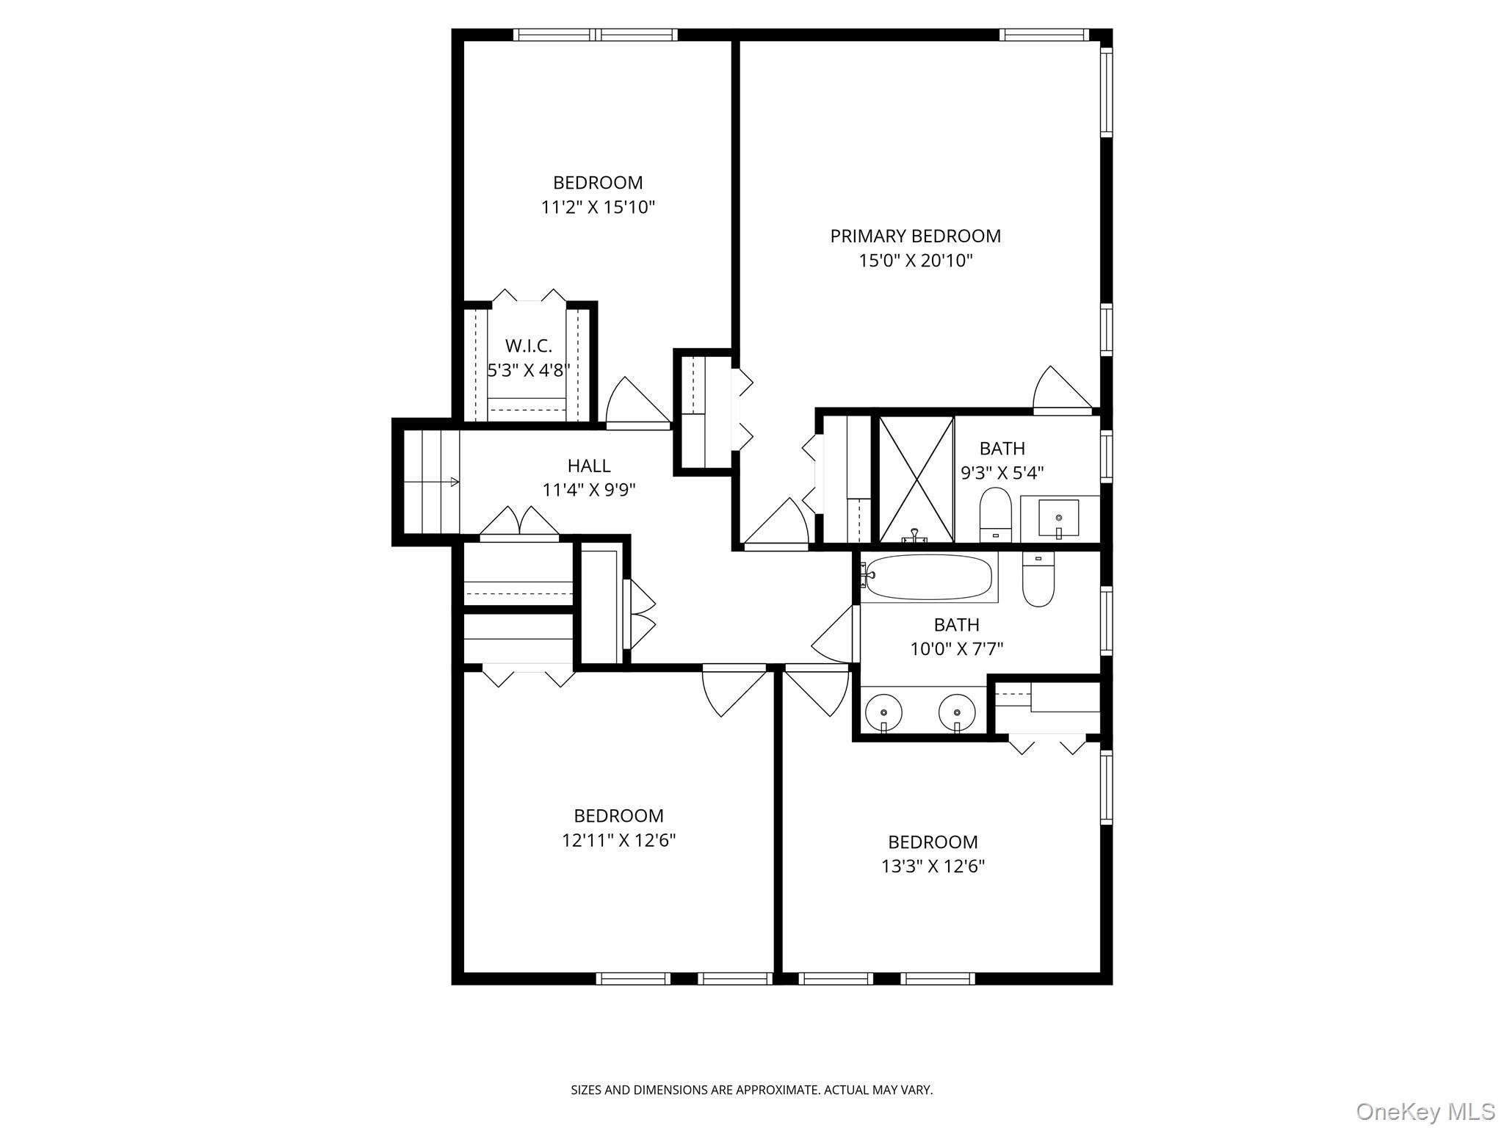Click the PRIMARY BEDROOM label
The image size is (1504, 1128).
point(915,236)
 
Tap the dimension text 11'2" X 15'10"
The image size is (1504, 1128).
point(598,207)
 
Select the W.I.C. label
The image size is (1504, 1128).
point(528,345)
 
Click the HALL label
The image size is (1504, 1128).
point(588,466)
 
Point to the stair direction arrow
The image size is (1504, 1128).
point(454,482)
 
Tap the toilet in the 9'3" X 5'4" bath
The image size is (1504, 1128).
point(995,514)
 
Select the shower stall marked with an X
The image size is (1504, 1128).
point(916,479)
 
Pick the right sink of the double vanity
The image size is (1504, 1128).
point(957,712)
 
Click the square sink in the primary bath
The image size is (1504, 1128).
point(1058,518)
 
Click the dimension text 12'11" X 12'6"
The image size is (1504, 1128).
point(618,840)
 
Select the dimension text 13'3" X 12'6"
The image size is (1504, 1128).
point(933,867)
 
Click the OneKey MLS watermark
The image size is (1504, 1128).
point(1425,1111)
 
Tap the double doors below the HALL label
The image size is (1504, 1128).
point(519,522)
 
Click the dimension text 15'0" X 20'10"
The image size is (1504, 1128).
point(915,261)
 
